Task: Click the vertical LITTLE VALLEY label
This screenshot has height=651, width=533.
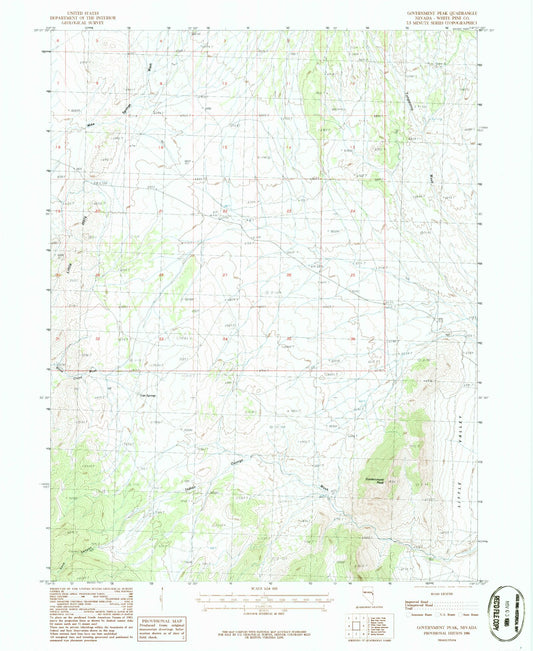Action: tap(461, 489)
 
